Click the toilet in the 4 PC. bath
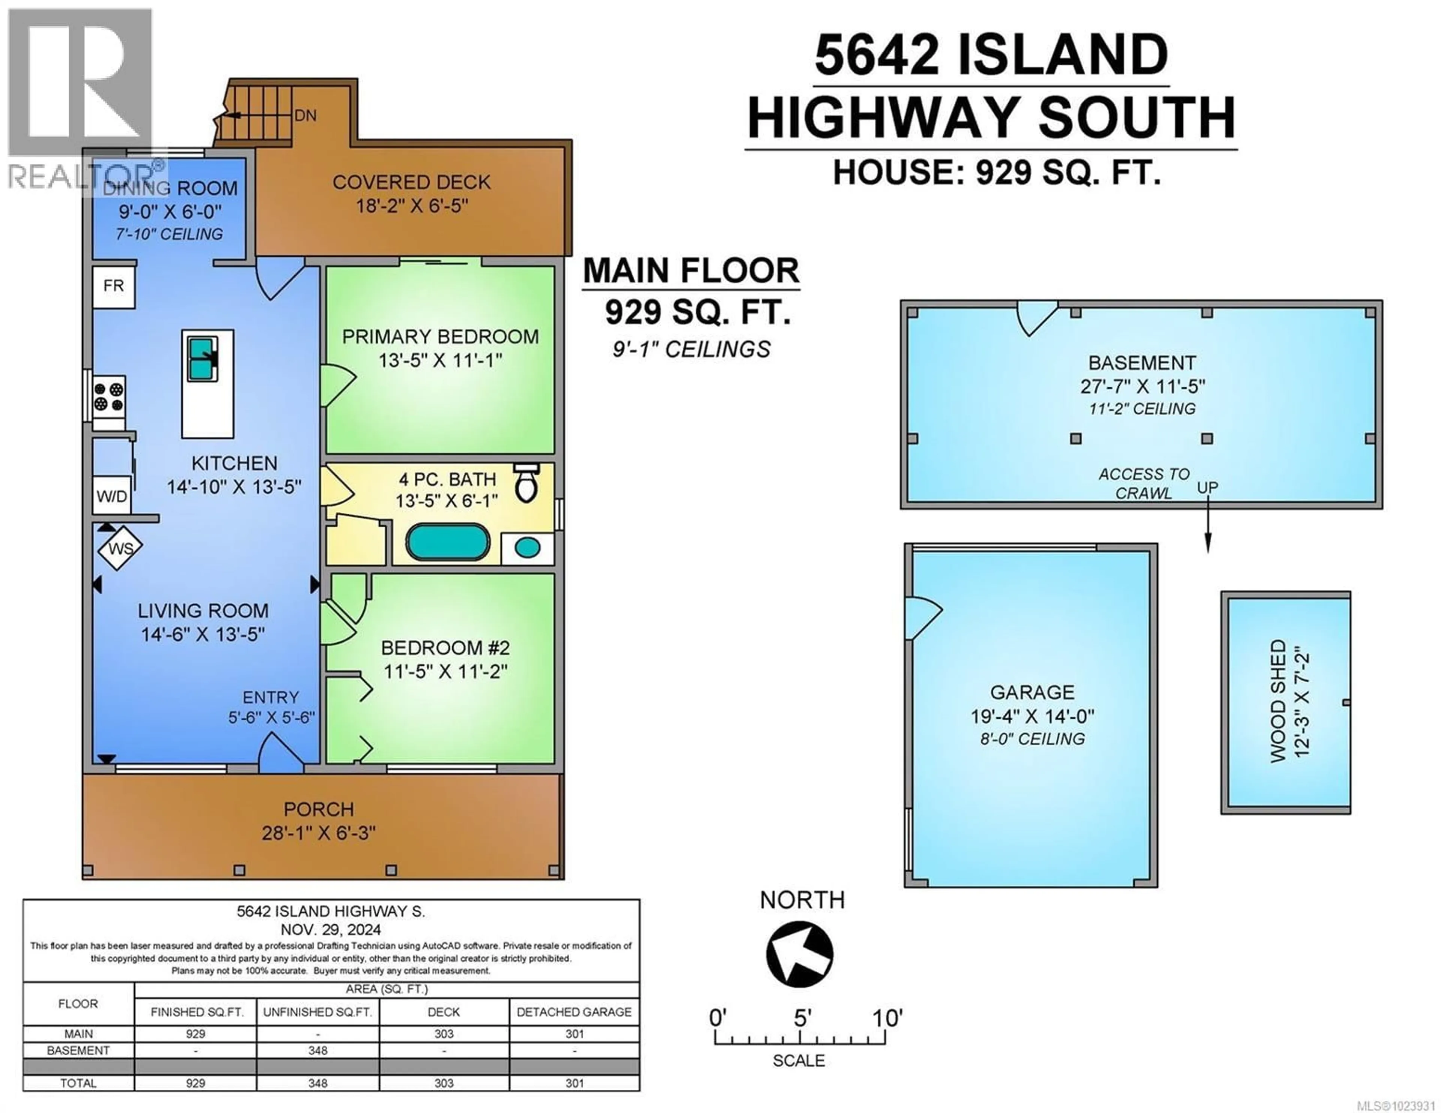click(x=526, y=484)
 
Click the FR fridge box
click(x=113, y=286)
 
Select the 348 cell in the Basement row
click(x=318, y=1050)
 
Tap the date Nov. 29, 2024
click(x=331, y=930)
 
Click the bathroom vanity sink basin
click(x=527, y=548)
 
